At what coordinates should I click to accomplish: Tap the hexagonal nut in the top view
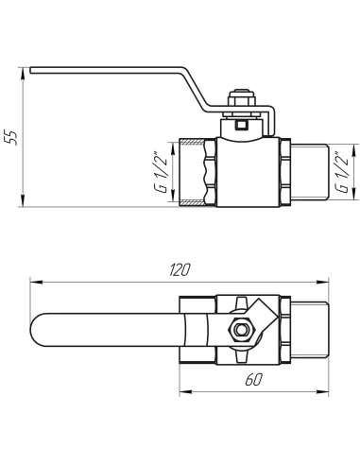(x=240, y=330)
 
